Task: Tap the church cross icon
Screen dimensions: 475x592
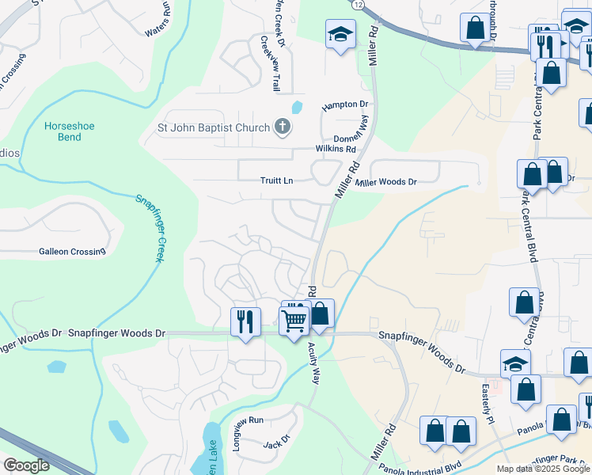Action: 282,126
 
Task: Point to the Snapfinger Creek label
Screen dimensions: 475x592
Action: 149,230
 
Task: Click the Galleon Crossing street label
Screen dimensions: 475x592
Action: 72,252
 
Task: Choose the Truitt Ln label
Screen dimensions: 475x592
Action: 277,180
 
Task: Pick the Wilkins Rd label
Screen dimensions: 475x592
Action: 336,149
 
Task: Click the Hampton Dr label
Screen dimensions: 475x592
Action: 345,104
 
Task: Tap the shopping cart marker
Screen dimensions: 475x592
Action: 294,321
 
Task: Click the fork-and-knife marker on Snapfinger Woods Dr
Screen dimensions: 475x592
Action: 245,321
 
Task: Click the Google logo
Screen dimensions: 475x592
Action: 27,465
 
